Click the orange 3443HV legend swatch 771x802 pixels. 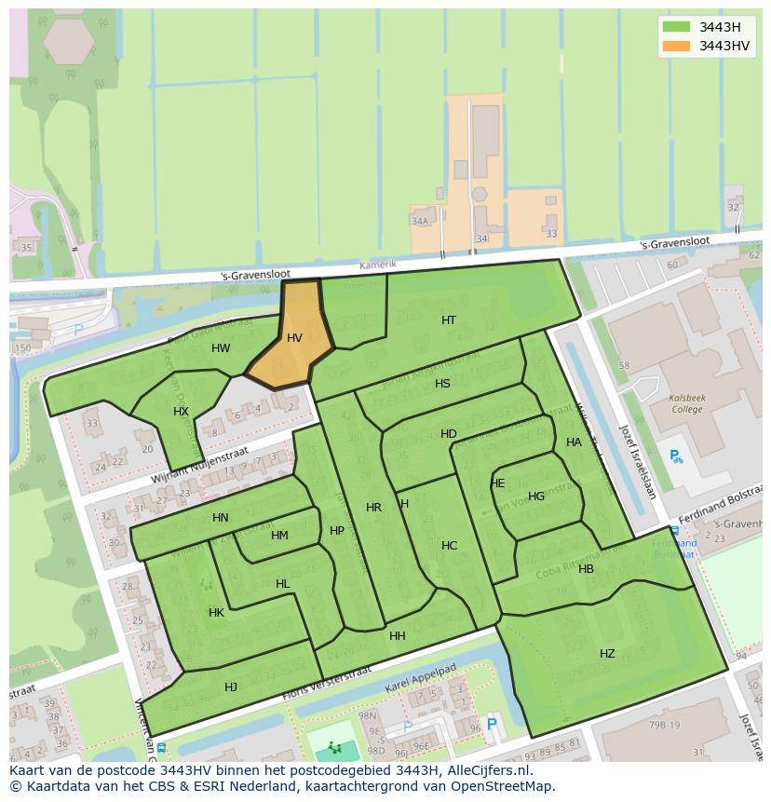click(677, 46)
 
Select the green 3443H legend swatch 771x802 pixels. click(677, 26)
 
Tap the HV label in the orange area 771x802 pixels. click(294, 338)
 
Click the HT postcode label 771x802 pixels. click(449, 319)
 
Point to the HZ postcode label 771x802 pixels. click(607, 654)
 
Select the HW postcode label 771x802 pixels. click(221, 348)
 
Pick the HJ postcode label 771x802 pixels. click(231, 687)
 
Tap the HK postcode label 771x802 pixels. click(216, 613)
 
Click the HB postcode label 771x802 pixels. click(586, 569)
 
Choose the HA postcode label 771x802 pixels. click(574, 442)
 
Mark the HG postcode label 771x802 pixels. click(536, 496)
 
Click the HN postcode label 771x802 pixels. click(221, 518)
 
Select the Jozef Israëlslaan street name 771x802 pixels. click(639, 461)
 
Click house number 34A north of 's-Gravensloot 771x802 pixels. click(420, 221)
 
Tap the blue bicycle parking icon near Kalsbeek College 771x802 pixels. click(676, 456)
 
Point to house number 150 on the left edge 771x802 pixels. click(22, 348)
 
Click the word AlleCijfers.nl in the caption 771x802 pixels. click(487, 770)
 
